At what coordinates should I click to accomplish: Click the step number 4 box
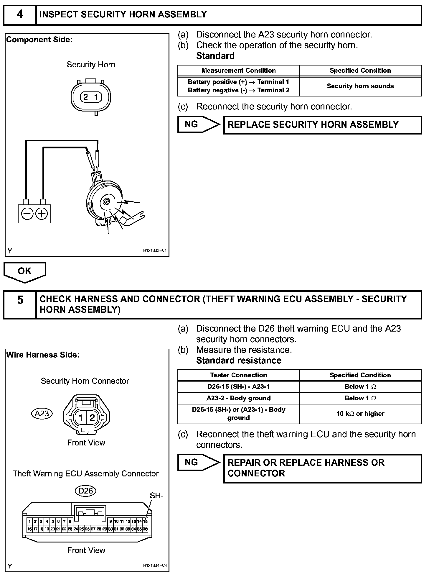[20, 14]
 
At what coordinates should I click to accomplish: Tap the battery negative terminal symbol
[27, 214]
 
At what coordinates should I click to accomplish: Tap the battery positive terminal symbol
[42, 214]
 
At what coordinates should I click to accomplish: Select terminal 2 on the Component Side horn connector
[86, 97]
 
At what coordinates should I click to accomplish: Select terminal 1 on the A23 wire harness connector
[80, 417]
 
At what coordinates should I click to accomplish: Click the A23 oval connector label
[42, 413]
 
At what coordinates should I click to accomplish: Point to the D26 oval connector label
[86, 491]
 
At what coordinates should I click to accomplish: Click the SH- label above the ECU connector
[156, 496]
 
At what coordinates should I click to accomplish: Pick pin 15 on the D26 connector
[145, 522]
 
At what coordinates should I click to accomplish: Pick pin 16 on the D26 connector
[29, 529]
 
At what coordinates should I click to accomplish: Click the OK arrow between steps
[25, 272]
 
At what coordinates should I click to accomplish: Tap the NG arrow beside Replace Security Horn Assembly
[199, 124]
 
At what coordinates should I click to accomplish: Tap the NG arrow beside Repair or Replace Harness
[199, 462]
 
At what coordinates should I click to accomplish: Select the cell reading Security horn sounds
[360, 86]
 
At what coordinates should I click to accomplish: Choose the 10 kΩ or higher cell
[360, 414]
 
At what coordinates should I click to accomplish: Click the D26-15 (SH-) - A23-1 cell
[238, 386]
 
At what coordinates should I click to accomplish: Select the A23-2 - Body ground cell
[238, 398]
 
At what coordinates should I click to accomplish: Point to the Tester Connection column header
[238, 375]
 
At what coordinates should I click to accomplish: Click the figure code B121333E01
[155, 250]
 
